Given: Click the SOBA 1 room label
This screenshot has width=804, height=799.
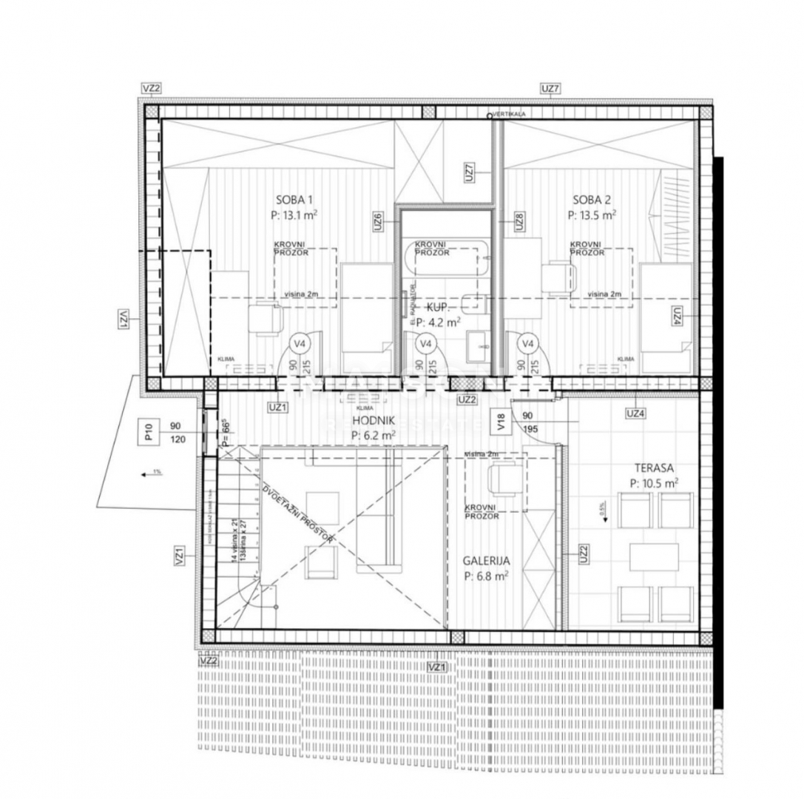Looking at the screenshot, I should [294, 199].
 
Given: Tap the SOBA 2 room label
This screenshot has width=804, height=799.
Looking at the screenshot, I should [592, 199].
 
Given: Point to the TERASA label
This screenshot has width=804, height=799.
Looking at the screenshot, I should [654, 468].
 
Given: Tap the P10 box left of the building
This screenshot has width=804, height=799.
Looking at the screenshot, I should [148, 431].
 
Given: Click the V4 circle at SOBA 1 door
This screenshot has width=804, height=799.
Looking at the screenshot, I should [300, 343].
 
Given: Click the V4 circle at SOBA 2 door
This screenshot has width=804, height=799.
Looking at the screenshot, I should [527, 343].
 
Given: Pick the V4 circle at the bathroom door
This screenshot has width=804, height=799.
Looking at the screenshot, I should [425, 343].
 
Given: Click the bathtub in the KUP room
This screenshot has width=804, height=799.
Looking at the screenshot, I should [446, 258].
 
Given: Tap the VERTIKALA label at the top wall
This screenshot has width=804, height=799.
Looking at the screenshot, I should [510, 115].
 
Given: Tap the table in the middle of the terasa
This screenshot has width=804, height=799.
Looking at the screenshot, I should [654, 557].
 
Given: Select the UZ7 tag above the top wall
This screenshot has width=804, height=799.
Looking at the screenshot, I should [551, 89].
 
